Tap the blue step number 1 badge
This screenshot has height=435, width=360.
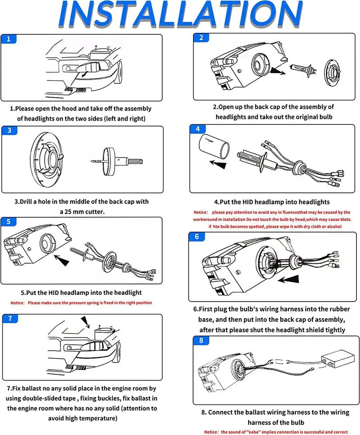tap(9, 39)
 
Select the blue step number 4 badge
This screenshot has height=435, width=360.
tap(198, 129)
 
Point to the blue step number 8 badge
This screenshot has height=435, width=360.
tap(201, 340)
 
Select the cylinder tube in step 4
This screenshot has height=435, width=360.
tap(213, 146)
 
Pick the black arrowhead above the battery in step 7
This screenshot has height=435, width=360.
tap(85, 321)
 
